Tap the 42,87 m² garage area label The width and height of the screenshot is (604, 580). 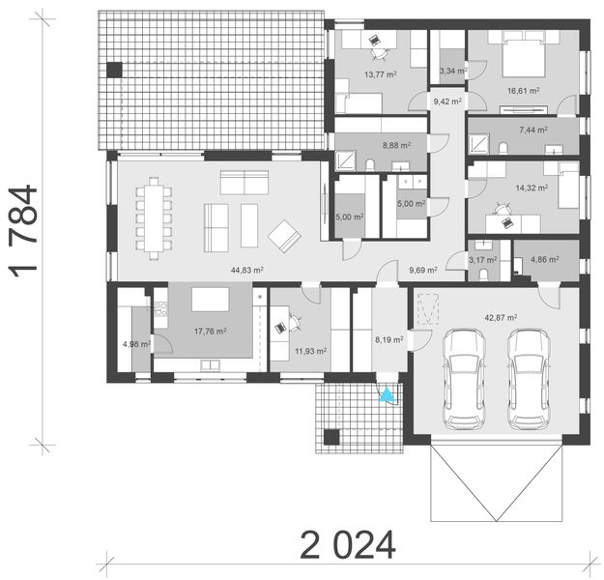point(499,317)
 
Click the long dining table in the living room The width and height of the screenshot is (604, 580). point(155,219)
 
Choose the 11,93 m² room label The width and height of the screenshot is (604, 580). point(309,351)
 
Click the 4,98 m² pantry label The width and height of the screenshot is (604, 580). point(131,343)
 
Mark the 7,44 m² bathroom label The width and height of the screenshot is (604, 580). point(532,129)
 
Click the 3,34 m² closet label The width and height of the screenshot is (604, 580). point(449,71)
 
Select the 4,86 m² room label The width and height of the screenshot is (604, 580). point(547,261)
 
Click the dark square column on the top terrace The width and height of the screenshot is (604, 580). point(115,70)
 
